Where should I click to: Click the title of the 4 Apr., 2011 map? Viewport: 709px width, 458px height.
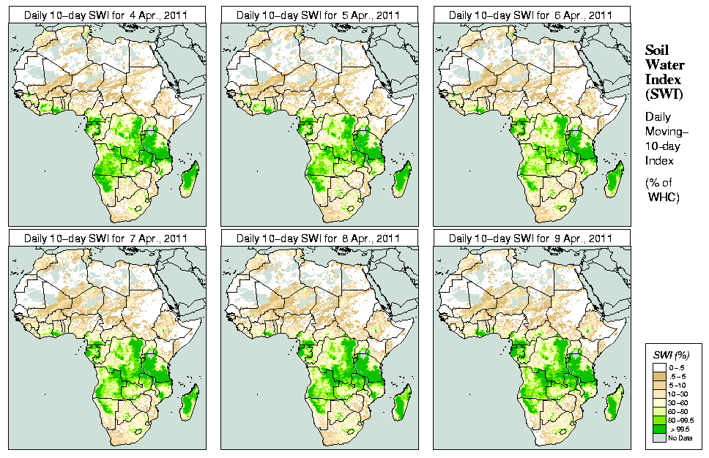pos(105,15)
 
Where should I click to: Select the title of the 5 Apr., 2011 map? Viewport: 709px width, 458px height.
pos(318,15)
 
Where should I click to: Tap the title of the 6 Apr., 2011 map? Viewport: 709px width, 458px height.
pos(530,15)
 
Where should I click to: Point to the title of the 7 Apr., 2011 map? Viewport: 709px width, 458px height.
pos(105,238)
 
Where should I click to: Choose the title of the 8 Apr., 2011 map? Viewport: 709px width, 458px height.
pos(318,238)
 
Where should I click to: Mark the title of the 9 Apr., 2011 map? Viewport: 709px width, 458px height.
pos(530,238)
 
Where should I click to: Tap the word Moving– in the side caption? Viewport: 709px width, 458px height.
pos(667,132)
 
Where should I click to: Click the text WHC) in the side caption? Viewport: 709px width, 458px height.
pos(665,198)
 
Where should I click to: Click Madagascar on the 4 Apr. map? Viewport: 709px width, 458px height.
pos(189,180)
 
